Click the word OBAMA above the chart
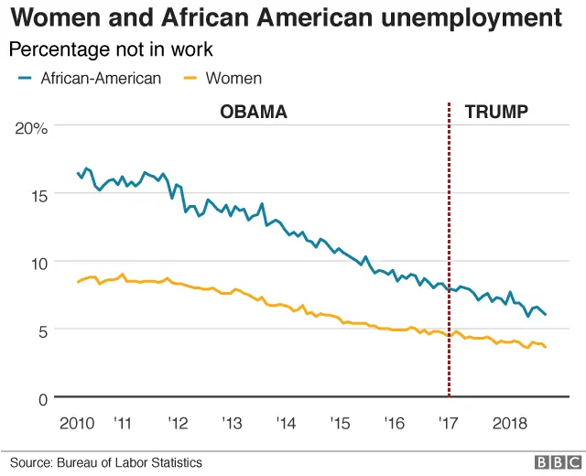tap(254, 113)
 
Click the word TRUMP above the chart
tap(496, 113)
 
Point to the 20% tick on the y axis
tap(32, 128)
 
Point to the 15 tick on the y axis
tap(38, 195)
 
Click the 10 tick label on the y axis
tap(38, 263)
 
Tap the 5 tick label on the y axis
tap(42, 330)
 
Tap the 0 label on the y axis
tap(42, 397)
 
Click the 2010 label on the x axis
tap(78, 424)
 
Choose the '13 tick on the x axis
tap(232, 424)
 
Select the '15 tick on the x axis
tap(341, 424)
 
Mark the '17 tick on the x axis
tap(449, 424)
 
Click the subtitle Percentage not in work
tap(110, 49)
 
